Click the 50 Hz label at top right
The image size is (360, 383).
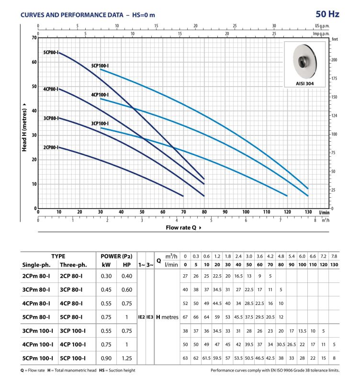(327, 14)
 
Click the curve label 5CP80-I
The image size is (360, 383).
(51, 52)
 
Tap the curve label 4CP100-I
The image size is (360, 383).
(100, 95)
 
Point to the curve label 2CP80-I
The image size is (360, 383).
(51, 147)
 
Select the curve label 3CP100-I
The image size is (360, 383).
(100, 124)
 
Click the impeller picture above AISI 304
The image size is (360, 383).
(304, 62)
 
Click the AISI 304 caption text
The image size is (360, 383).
(304, 83)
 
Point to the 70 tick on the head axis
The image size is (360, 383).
(34, 38)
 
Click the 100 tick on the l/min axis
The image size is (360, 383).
(246, 212)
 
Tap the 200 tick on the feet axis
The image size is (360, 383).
(334, 60)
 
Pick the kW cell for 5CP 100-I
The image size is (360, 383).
(106, 358)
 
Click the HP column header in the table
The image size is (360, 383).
(126, 265)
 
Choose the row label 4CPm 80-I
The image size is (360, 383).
(36, 304)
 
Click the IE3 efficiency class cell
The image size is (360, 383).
(150, 317)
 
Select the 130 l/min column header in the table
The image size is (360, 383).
(334, 265)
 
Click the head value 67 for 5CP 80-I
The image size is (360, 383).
(185, 317)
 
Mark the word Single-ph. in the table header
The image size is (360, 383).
(36, 265)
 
